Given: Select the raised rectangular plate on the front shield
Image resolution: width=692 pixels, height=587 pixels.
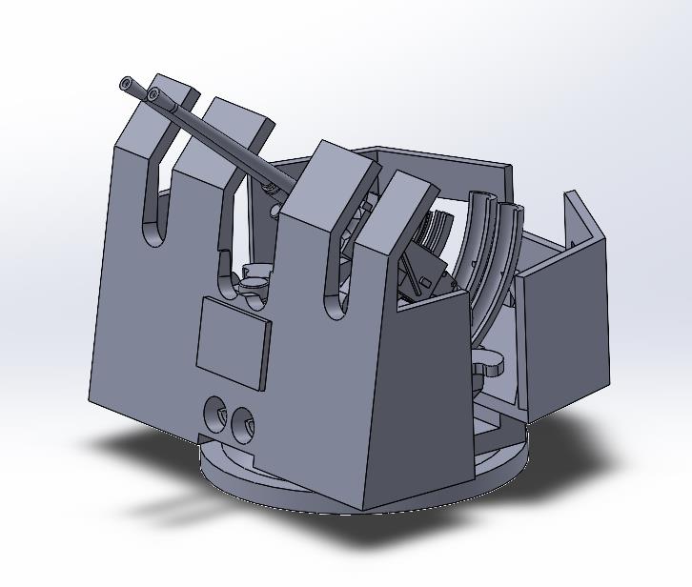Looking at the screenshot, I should click(x=234, y=344).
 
